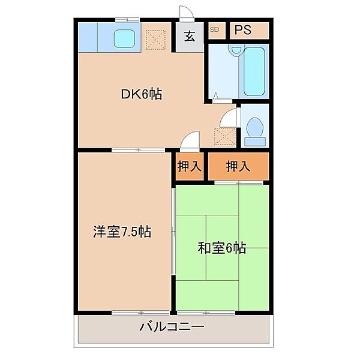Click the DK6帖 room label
(x=141, y=94)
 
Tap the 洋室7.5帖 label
(x=121, y=231)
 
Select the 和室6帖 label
(x=222, y=248)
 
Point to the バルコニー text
(x=172, y=327)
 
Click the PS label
(x=242, y=31)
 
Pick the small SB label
(x=214, y=29)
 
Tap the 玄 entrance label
(x=189, y=36)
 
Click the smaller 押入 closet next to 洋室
(x=188, y=166)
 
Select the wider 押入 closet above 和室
(x=238, y=166)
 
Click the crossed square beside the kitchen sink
(x=157, y=38)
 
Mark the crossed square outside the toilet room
(x=226, y=137)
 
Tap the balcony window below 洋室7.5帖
(x=135, y=313)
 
